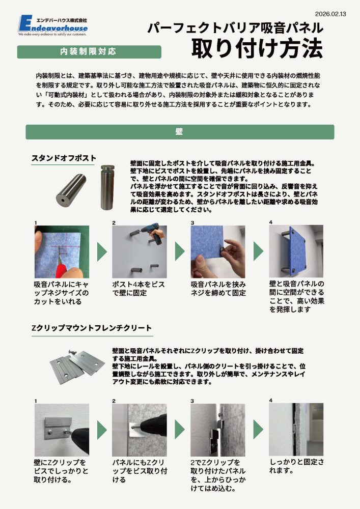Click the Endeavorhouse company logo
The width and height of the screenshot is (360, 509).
pyautogui.click(x=53, y=25)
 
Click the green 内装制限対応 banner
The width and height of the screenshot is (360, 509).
pyautogui.click(x=89, y=52)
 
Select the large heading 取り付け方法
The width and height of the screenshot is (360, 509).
pyautogui.click(x=257, y=49)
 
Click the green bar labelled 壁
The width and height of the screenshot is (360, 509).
pyautogui.click(x=180, y=132)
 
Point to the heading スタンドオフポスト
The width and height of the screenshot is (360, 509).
pyautogui.click(x=64, y=158)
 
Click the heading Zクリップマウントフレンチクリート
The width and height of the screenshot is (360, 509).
pyautogui.click(x=92, y=328)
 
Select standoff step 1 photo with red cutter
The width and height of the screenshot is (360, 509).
pyautogui.click(x=62, y=251)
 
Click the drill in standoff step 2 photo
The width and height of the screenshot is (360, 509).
pyautogui.click(x=153, y=235)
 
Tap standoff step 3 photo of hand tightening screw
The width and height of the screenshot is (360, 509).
pyautogui.click(x=217, y=251)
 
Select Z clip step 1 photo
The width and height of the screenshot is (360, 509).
pyautogui.click(x=62, y=430)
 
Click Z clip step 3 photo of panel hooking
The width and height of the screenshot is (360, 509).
pyautogui.click(x=217, y=430)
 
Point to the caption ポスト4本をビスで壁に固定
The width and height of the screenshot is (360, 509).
pyautogui.click(x=139, y=289)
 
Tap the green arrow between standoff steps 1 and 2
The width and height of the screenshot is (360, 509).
pyautogui.click(x=102, y=251)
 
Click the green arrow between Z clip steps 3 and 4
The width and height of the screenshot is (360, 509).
pyautogui.click(x=258, y=430)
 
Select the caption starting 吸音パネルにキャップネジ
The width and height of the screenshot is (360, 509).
pyautogui.click(x=61, y=293)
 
